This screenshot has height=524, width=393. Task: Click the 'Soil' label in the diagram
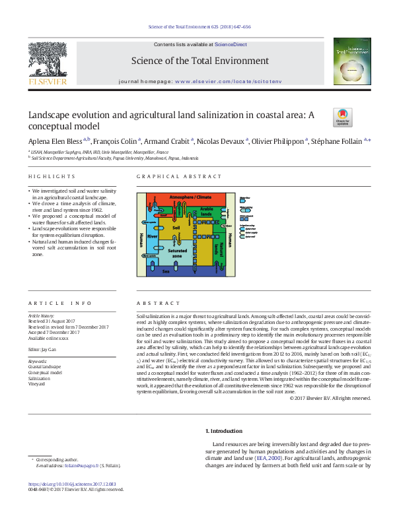coord(176,227)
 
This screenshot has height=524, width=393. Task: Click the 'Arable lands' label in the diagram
coord(207,211)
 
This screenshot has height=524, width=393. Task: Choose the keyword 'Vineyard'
coord(37,384)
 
